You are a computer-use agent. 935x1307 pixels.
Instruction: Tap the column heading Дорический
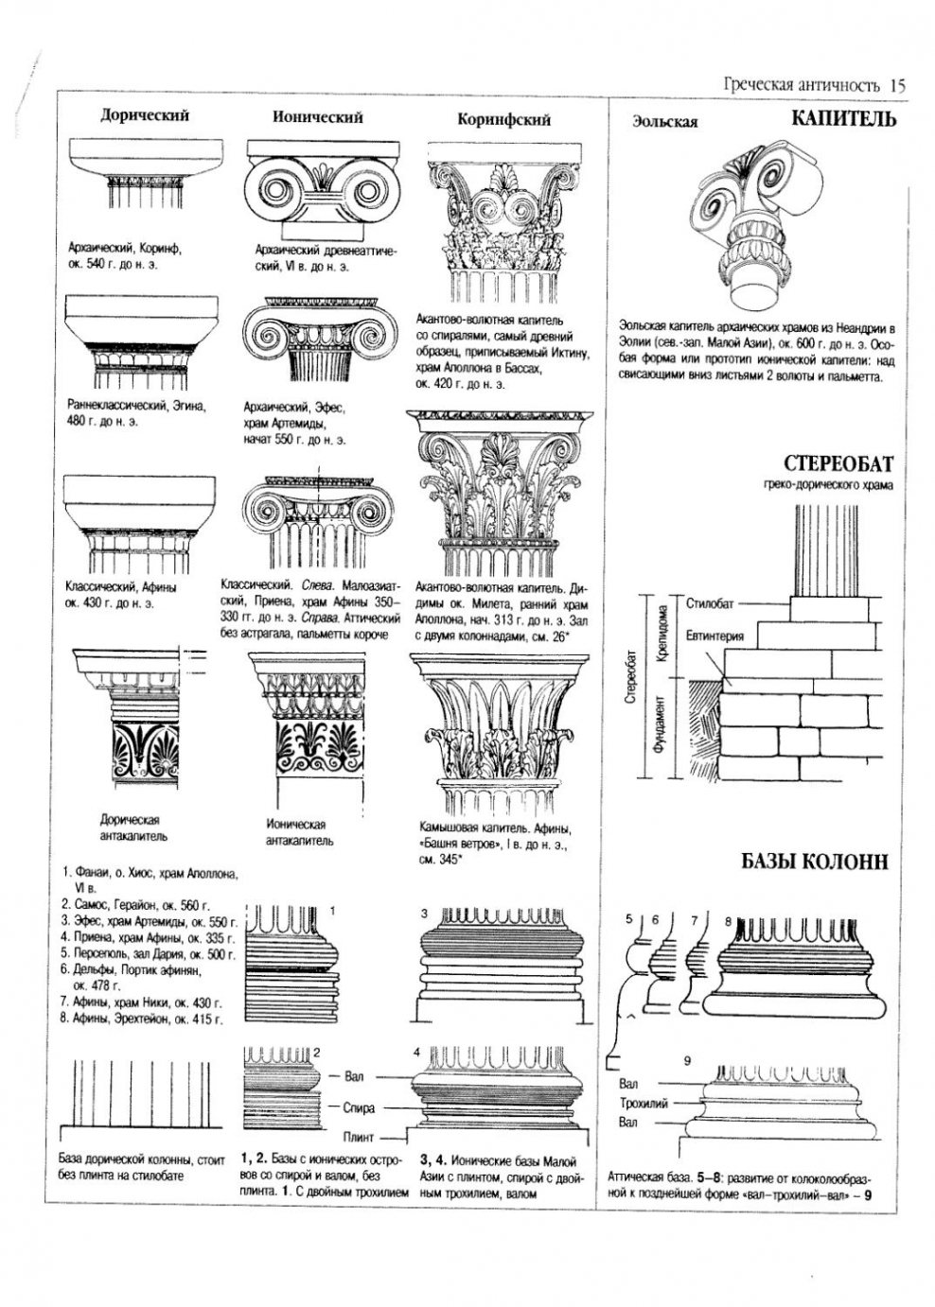(x=145, y=115)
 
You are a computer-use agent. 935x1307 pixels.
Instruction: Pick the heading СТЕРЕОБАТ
(x=838, y=464)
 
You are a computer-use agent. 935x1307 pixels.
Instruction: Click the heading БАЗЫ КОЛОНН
(x=815, y=862)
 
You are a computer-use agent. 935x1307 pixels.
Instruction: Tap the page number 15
(x=897, y=85)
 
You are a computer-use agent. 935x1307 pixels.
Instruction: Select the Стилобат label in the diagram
(x=709, y=602)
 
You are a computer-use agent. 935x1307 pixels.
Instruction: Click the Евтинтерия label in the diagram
(x=714, y=636)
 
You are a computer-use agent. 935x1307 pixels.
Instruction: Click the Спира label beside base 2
(x=359, y=1107)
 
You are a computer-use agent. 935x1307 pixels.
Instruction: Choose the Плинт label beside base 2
(x=359, y=1137)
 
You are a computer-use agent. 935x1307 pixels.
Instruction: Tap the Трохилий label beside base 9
(x=644, y=1103)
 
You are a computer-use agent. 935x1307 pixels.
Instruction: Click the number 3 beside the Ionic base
(x=424, y=913)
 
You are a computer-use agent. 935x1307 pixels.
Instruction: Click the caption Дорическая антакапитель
(x=130, y=828)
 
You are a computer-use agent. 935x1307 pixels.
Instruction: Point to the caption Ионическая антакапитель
(x=298, y=832)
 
